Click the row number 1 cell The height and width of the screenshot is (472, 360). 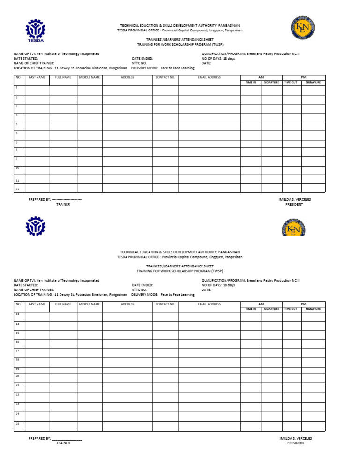pos(19,90)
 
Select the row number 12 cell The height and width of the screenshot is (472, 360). pos(19,189)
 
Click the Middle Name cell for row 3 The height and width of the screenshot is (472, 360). pos(90,108)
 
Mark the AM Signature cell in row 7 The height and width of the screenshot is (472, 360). pos(271,144)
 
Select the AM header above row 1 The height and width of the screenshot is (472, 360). pos(261,77)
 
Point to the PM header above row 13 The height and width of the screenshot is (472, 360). pos(303,304)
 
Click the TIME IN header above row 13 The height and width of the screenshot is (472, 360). pos(251,309)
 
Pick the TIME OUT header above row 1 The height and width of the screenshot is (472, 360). pos(291,83)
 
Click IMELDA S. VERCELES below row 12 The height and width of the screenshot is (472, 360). pos(294,199)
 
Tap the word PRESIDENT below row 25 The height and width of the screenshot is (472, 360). pos(295,443)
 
